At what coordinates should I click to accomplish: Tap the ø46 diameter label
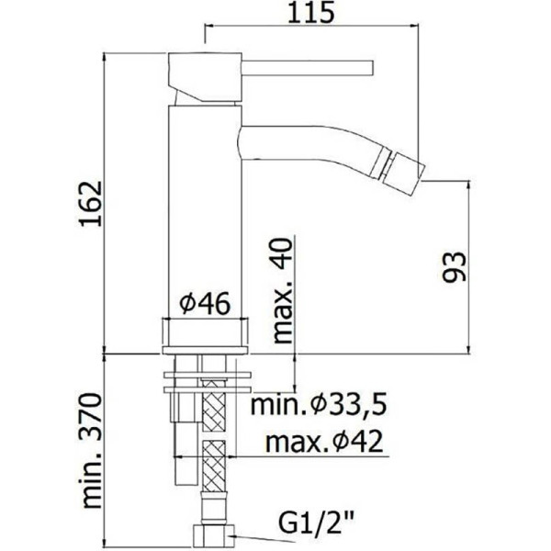(204, 302)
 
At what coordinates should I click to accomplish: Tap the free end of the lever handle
(369, 67)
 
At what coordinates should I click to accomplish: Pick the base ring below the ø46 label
(205, 332)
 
